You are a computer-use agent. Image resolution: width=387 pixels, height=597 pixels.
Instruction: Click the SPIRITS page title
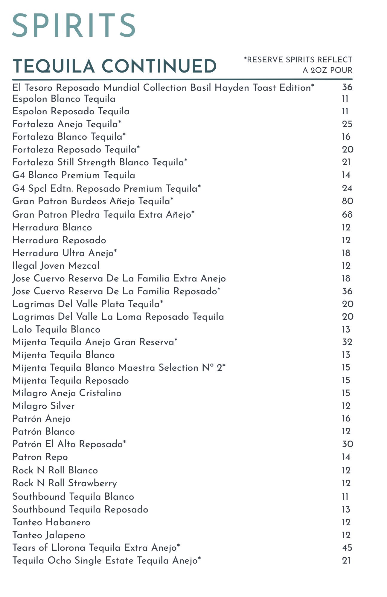coord(74,26)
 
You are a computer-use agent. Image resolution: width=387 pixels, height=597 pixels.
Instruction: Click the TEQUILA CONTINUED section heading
coord(115,66)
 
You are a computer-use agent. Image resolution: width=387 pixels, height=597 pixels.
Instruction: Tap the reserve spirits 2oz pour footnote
coord(298,65)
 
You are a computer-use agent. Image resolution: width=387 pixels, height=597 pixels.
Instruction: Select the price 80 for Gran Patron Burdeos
coord(348,201)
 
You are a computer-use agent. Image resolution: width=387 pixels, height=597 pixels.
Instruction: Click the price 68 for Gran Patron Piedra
coord(348,215)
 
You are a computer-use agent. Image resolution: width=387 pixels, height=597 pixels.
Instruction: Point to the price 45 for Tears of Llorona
coord(347,548)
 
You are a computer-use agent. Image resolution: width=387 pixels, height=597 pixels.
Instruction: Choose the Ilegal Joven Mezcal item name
coord(56,266)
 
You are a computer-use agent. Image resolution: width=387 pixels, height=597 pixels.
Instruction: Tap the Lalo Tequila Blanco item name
coord(56,330)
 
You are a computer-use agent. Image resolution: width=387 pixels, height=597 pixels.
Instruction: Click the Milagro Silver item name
coord(43,406)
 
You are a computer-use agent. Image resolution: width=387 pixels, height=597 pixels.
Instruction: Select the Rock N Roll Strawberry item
coord(65,483)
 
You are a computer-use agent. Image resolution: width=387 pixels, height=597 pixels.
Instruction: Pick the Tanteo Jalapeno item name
coord(49,535)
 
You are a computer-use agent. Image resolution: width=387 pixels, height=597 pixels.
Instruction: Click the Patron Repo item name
coord(40,457)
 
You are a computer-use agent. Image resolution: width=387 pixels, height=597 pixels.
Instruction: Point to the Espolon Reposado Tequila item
coord(71,111)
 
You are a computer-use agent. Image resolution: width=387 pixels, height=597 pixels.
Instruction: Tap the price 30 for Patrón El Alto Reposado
coord(348,444)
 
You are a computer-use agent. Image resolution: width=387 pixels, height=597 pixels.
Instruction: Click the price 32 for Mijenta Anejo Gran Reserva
coord(347,342)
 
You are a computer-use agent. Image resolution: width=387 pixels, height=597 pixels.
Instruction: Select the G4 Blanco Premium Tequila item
coord(74,175)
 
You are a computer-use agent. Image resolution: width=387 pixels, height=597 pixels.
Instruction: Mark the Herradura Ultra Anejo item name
coord(65,253)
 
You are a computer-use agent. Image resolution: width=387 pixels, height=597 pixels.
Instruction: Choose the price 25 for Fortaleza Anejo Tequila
coord(347,124)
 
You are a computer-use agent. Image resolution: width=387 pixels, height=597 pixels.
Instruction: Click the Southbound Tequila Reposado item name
coord(80,510)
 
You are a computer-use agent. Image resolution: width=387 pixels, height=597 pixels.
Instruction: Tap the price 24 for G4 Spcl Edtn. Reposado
coord(347,188)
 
